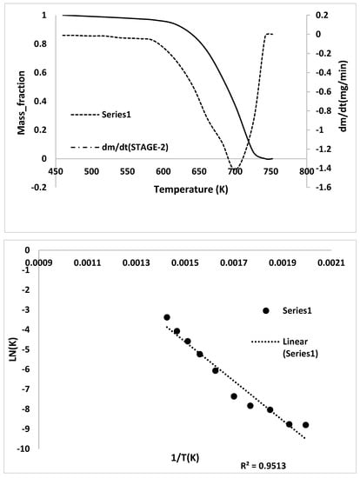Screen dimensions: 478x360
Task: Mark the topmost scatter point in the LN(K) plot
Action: pyautogui.click(x=167, y=317)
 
